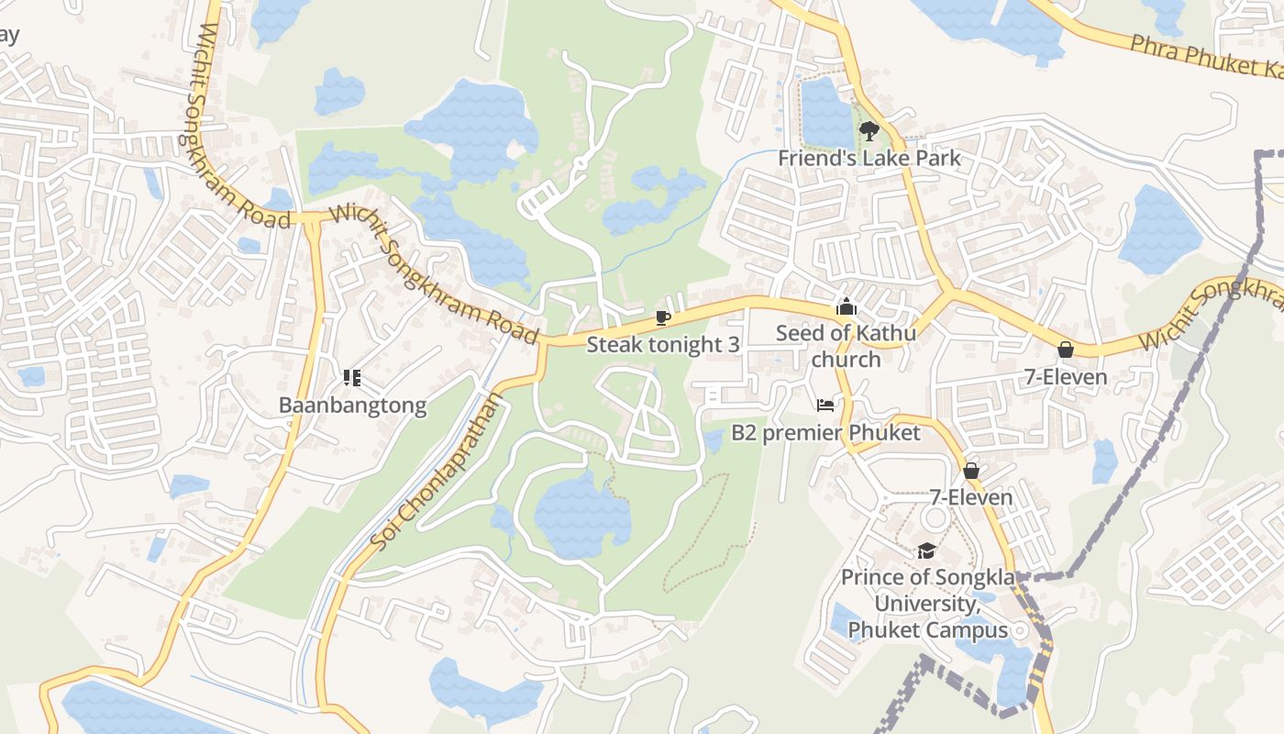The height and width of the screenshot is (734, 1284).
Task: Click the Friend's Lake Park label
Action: (x=869, y=158)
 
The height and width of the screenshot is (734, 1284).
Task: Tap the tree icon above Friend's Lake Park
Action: (x=869, y=132)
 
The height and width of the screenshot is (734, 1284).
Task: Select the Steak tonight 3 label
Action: (x=662, y=345)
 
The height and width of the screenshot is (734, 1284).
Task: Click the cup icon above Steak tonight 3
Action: (x=662, y=318)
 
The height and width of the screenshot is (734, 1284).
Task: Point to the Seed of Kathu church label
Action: (x=846, y=345)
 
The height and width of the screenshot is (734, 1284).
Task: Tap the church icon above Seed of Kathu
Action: (x=846, y=306)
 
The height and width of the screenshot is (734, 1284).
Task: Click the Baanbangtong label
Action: (x=352, y=406)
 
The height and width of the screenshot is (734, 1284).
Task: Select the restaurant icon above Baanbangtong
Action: (x=352, y=378)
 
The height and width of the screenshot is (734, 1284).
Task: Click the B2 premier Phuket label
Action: (x=825, y=432)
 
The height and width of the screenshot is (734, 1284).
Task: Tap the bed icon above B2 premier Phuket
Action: (x=825, y=405)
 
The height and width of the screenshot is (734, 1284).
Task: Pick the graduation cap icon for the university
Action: (x=926, y=550)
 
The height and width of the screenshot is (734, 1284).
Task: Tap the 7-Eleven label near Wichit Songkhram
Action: (x=1066, y=377)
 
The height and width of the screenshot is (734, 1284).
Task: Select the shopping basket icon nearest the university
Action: (x=971, y=471)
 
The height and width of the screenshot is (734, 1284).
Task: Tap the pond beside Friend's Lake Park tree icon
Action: (x=827, y=115)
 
